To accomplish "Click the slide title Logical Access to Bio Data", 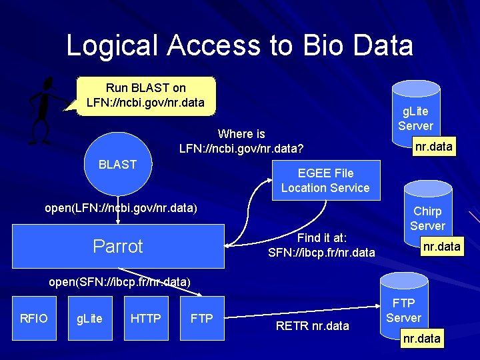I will [239, 45].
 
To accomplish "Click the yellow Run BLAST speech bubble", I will [146, 96].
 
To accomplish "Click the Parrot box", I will [118, 246].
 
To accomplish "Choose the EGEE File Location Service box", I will [325, 181].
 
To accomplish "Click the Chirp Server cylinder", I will [427, 217].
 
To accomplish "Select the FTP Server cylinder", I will [403, 309].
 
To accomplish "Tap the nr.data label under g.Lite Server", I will [433, 146].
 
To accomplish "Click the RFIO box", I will [33, 319].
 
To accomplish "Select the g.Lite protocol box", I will [89, 319].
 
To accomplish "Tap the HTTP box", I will [145, 319].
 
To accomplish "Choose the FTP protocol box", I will [201, 319].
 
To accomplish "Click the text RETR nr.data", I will [313, 326].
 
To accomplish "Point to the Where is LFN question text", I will [241, 141].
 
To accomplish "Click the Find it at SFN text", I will [321, 245].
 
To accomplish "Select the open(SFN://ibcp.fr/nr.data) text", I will [120, 281].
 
